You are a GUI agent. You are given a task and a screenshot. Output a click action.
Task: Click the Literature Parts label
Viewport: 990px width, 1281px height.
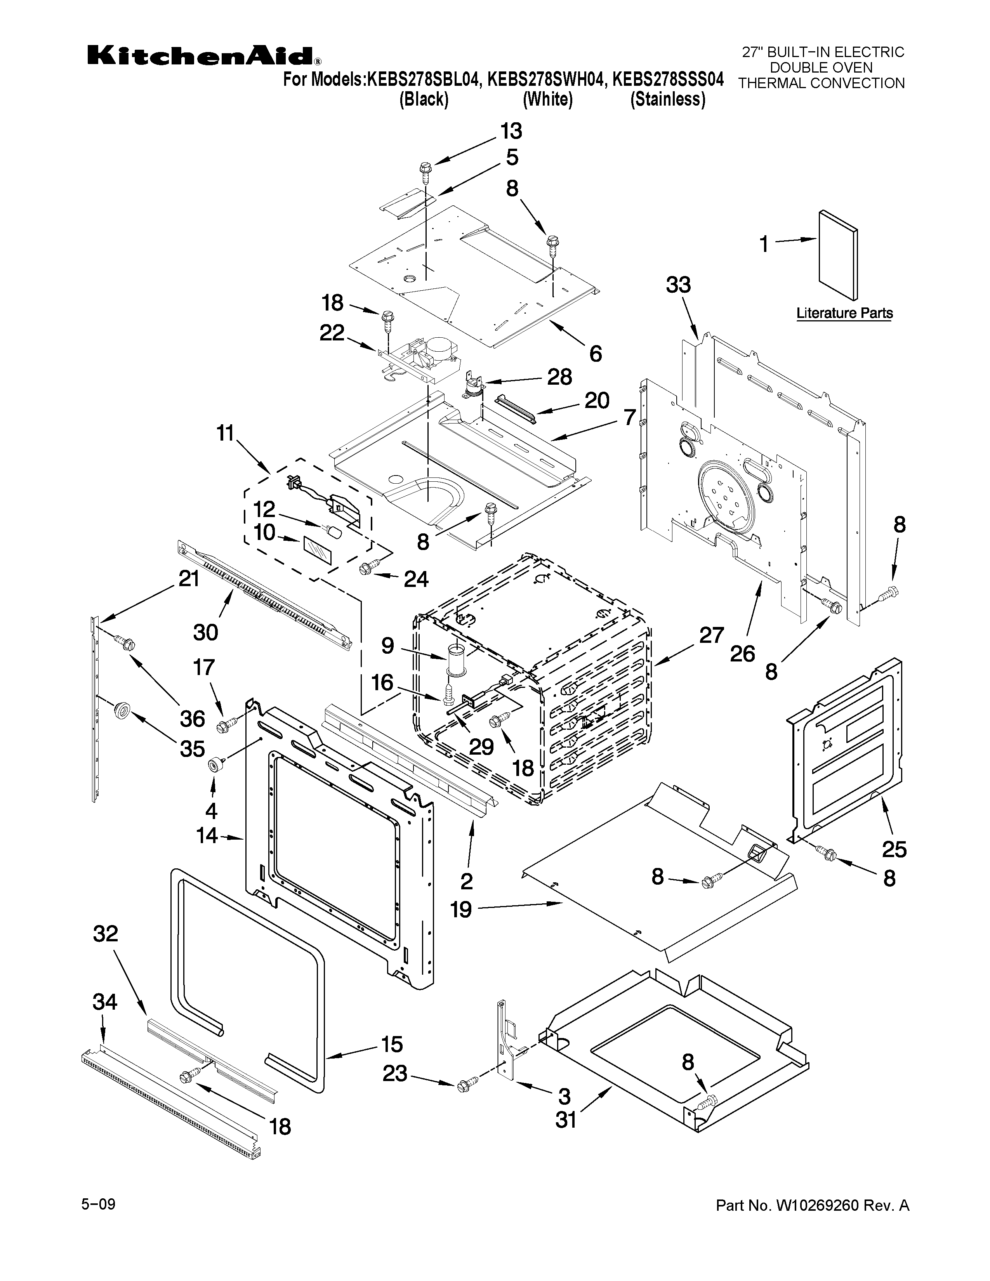844,313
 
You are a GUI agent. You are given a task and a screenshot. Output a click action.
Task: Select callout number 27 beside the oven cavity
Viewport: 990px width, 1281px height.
711,635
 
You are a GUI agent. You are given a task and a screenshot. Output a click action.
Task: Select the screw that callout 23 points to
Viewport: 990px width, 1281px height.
463,1086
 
